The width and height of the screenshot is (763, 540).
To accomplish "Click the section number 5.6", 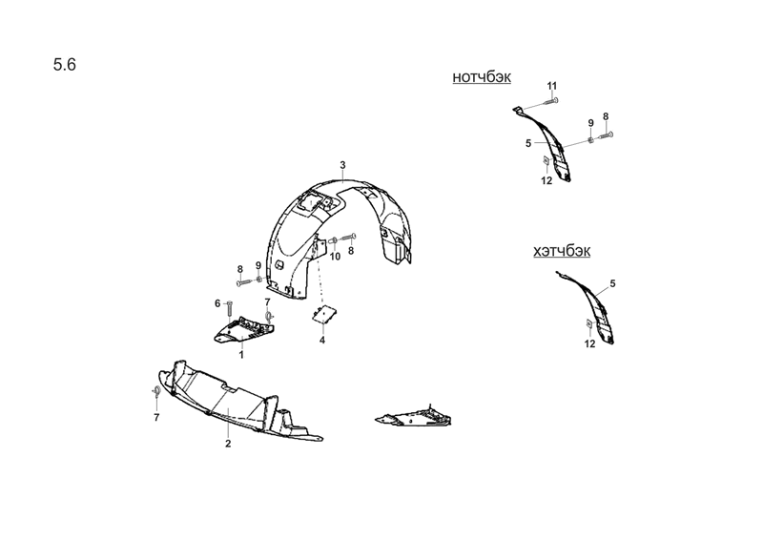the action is [x=64, y=64].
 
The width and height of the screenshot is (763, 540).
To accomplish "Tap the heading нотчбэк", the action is [x=482, y=77].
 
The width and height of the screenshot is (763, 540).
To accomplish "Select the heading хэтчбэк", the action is [x=562, y=251].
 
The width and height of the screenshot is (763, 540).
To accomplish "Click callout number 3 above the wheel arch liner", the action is [x=342, y=165].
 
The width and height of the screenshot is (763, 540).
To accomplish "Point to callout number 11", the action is [x=551, y=86].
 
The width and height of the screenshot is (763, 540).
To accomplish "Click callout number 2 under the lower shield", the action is [x=228, y=444].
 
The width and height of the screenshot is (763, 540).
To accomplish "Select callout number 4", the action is [x=322, y=340].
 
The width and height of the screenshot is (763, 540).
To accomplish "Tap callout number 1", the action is [x=241, y=355].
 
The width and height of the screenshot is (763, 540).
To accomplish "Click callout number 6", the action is [x=217, y=303].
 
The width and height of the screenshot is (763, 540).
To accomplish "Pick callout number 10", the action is [x=336, y=256].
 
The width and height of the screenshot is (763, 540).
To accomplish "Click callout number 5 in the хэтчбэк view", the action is [x=612, y=283].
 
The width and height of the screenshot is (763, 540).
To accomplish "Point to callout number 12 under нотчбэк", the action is [x=546, y=180].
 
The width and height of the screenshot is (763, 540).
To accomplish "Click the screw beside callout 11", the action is [x=550, y=101].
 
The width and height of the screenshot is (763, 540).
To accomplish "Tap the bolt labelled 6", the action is [x=230, y=308].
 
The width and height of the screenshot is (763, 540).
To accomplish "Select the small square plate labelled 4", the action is [x=325, y=314].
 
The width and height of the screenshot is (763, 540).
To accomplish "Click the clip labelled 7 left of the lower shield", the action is [x=156, y=390].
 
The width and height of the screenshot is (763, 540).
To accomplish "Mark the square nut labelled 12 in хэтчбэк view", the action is [x=589, y=323].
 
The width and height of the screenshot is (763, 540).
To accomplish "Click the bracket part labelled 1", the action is [x=244, y=330].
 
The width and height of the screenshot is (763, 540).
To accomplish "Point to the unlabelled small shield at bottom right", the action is [x=413, y=417].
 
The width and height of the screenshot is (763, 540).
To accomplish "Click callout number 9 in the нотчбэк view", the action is [x=590, y=123].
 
